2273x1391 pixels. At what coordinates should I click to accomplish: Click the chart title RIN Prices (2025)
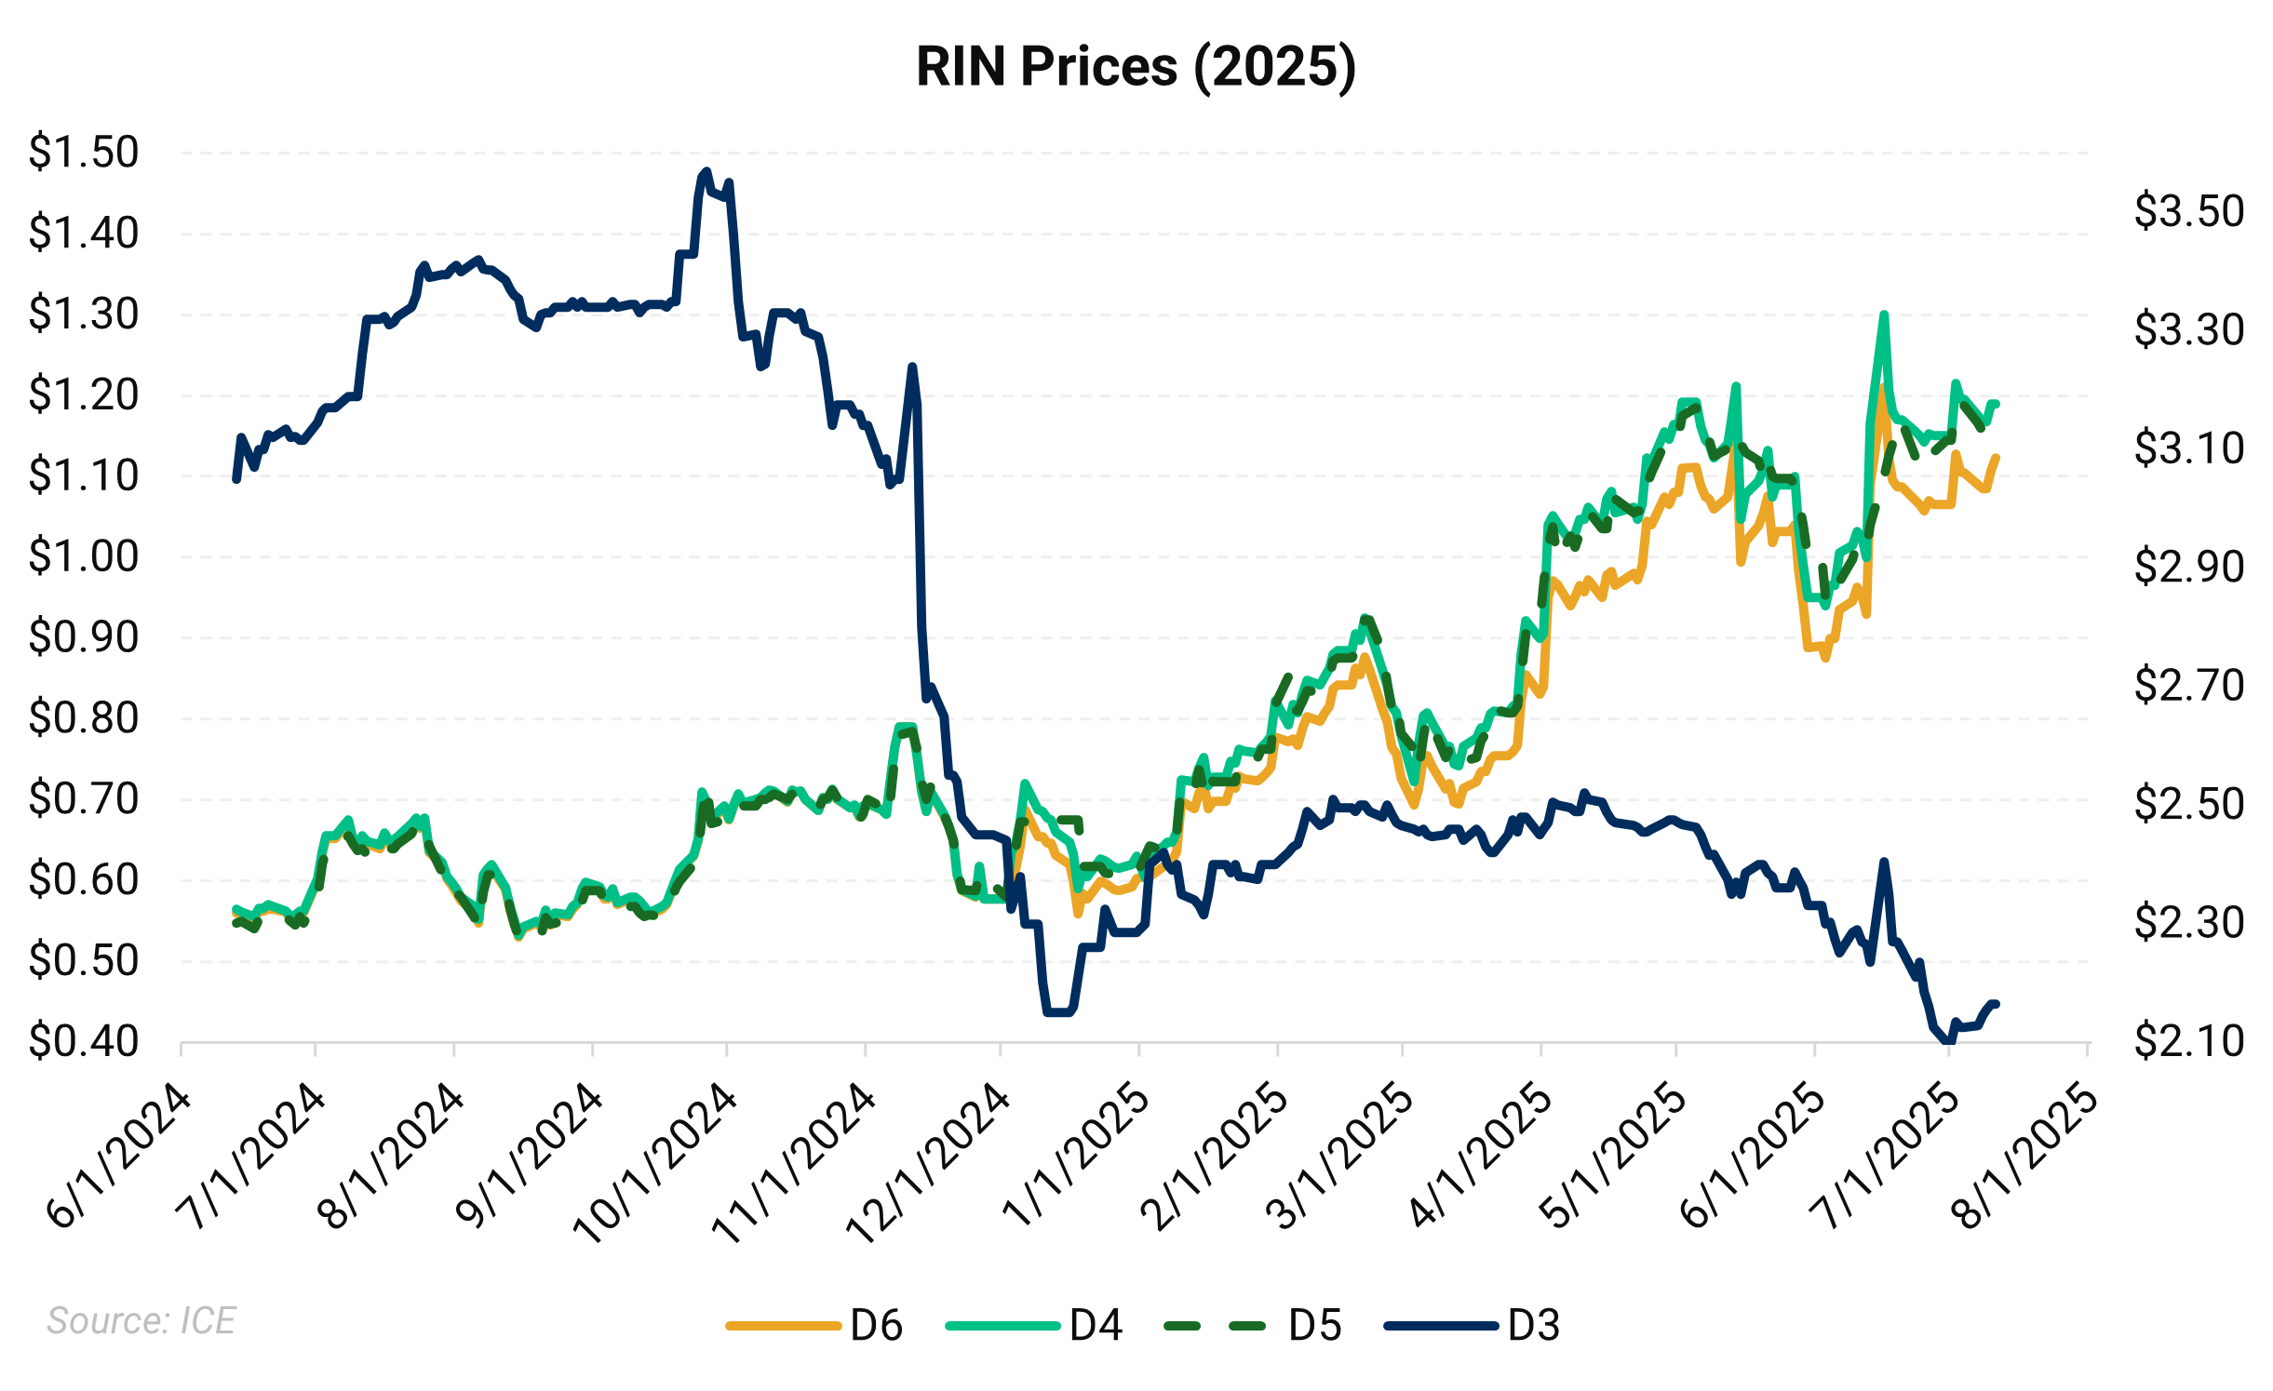(1136, 67)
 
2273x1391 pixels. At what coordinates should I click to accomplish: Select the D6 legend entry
(814, 1325)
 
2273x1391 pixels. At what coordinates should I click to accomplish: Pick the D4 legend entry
(1033, 1325)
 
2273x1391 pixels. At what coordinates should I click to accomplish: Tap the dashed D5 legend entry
(1252, 1325)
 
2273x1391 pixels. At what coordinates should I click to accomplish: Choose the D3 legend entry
(1471, 1325)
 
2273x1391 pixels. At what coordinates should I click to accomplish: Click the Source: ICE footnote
(141, 1320)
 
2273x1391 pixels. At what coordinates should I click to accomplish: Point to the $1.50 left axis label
(84, 152)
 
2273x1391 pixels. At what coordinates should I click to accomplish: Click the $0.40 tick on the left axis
(84, 1041)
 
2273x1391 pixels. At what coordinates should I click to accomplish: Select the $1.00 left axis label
(84, 556)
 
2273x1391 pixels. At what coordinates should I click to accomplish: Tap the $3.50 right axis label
(2188, 211)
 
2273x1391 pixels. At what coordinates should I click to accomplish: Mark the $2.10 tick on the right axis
(2188, 1041)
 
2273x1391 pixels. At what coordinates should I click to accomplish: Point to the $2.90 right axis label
(2188, 567)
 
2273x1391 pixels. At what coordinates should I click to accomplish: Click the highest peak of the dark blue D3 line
(706, 171)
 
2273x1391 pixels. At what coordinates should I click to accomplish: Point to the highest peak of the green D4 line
(1884, 314)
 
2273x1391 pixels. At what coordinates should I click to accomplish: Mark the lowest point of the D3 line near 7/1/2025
(1946, 1041)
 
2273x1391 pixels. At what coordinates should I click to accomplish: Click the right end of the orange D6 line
(1997, 457)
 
